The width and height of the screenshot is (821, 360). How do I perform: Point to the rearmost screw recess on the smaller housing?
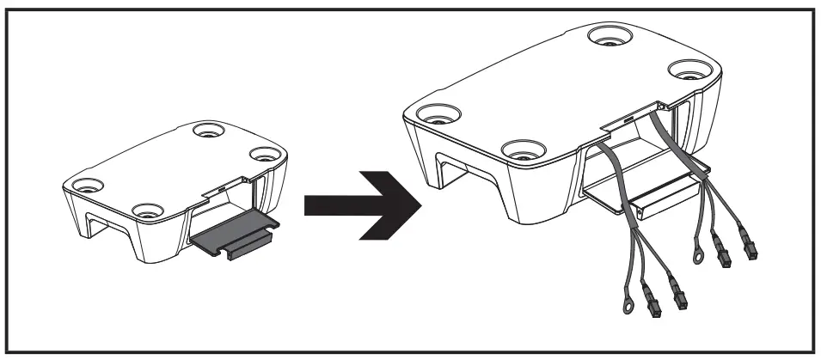click(205, 131)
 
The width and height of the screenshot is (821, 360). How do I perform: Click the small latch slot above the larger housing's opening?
click(629, 118)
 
